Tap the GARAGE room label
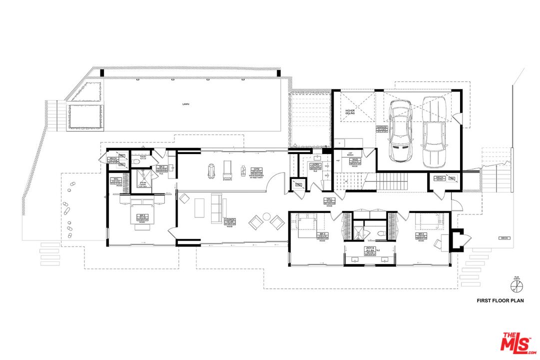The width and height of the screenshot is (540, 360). click(382, 128)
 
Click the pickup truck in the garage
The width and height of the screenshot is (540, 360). click(433, 132)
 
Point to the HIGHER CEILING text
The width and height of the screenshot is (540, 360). click(350, 112)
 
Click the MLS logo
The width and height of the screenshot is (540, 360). click(519, 341)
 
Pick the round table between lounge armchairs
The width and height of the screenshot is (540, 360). click(266, 217)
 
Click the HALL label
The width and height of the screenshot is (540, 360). click(329, 200)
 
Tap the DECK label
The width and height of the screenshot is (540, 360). click(503, 238)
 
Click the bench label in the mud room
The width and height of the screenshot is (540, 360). click(351, 154)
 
